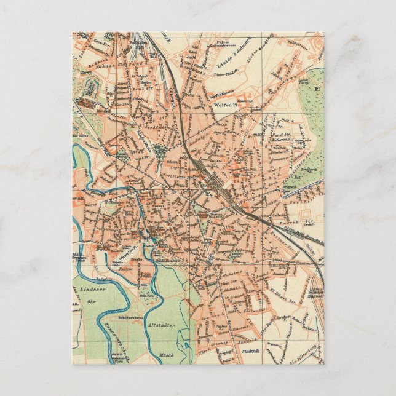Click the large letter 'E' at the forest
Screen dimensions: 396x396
pos(317,87)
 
